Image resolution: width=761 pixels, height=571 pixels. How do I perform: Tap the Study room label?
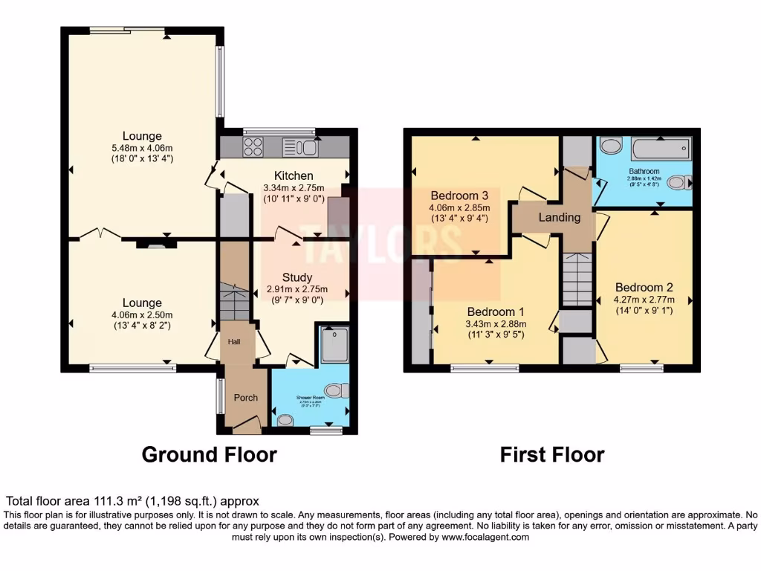coord(297,277)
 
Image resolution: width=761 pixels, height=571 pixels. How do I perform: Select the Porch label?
coord(245,398)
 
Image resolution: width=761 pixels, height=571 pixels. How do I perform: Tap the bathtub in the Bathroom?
coord(661,149)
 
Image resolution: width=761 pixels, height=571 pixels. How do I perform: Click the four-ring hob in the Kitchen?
coord(253,146)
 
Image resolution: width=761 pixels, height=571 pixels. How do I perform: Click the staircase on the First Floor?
coord(576,279)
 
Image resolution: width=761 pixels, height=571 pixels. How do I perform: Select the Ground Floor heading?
coord(209,454)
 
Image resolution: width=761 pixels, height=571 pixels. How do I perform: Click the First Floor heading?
coord(551,454)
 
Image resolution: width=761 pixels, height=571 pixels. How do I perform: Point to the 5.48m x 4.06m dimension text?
coord(142,148)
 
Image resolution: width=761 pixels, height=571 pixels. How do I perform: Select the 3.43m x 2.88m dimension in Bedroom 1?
coord(496,324)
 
